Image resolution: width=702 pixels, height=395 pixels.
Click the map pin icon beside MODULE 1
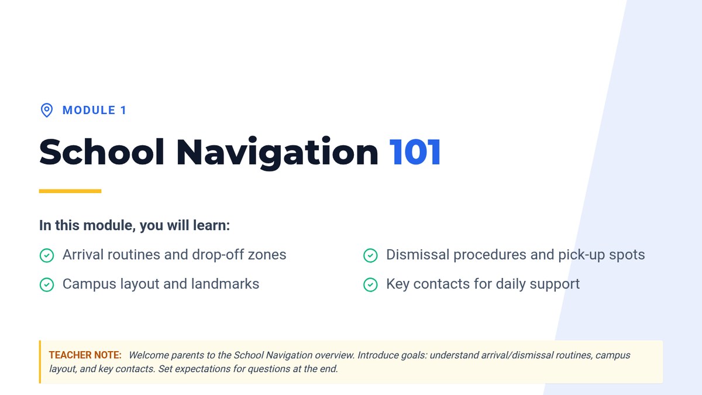pos(47,111)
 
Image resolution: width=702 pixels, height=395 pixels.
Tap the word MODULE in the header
pos(89,111)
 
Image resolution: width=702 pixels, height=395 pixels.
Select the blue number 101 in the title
pos(415,152)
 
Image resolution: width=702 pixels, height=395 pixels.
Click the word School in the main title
pos(102,152)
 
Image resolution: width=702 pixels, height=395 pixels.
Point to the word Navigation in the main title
pos(277,153)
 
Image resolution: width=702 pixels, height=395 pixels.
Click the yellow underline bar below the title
pos(70,191)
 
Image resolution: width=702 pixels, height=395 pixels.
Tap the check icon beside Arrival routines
pos(47,255)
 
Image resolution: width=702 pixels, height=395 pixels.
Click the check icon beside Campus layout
pos(47,284)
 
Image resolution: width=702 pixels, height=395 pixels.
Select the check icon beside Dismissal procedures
pos(370,255)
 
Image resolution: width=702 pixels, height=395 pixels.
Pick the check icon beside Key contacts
pos(370,284)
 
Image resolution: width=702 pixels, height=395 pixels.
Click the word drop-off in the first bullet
pos(218,255)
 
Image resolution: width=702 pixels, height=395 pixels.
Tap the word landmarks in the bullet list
pos(225,284)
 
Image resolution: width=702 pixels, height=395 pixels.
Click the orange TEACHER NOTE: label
pos(85,355)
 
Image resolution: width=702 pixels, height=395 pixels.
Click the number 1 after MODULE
pos(123,111)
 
